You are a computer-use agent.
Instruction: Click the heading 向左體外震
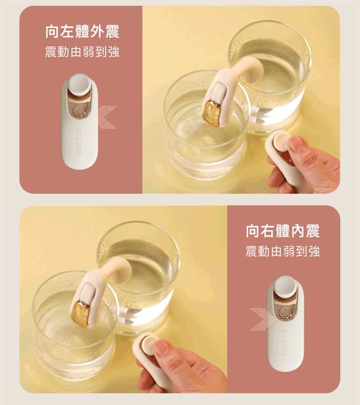tap(82, 32)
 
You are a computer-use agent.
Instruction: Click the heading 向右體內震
tap(283, 231)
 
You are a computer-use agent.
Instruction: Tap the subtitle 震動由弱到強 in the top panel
tap(82, 52)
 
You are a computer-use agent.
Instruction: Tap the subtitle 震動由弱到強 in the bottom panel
tap(283, 251)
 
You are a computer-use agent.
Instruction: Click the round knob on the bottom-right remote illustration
tap(285, 286)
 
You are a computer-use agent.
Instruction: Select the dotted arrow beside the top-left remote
tap(107, 117)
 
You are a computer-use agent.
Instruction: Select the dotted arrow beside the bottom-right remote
tap(261, 319)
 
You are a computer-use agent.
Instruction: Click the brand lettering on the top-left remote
tap(79, 141)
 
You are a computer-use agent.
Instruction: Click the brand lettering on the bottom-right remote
tap(286, 342)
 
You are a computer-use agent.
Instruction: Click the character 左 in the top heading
tap(67, 32)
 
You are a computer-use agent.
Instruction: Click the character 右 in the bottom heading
tap(268, 231)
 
